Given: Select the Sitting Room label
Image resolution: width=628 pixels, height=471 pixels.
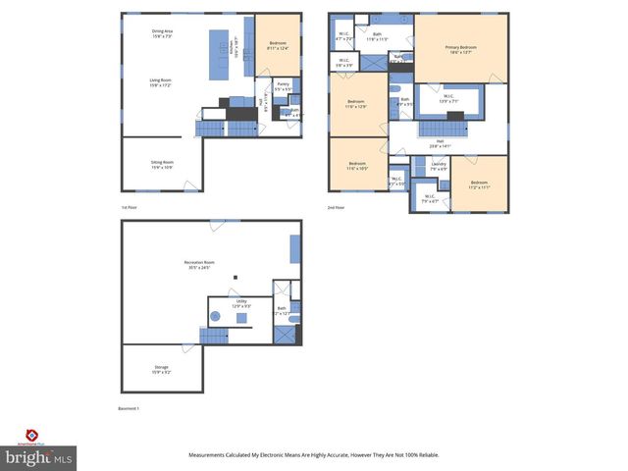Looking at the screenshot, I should [x=163, y=164].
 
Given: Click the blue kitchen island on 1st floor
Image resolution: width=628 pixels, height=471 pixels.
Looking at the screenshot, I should [x=218, y=54].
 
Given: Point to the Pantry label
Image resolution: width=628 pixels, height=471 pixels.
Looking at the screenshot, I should [x=283, y=86].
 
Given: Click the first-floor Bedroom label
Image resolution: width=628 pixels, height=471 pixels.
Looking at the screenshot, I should [x=278, y=45].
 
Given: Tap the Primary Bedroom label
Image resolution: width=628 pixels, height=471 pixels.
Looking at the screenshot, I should [x=460, y=49].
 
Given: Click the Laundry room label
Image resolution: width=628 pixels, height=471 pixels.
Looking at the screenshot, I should [x=439, y=166].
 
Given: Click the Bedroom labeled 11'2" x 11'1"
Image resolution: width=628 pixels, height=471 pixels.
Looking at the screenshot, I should [x=479, y=184].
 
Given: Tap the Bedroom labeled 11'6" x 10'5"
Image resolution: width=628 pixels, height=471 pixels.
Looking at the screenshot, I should [x=356, y=166].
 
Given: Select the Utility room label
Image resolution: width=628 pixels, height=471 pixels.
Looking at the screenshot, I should [x=241, y=303].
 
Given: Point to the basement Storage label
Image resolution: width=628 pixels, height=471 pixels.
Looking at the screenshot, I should [x=161, y=369].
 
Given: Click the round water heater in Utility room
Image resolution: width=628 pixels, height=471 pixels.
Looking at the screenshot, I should [x=216, y=317].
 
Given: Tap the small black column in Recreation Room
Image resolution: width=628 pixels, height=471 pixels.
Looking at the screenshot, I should [x=235, y=279].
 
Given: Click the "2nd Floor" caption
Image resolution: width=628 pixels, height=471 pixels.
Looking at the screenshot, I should [x=336, y=208].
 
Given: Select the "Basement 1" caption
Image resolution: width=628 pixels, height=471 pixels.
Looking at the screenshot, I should [x=130, y=408].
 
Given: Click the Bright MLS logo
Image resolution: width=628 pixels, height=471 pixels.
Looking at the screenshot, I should [x=38, y=455].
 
